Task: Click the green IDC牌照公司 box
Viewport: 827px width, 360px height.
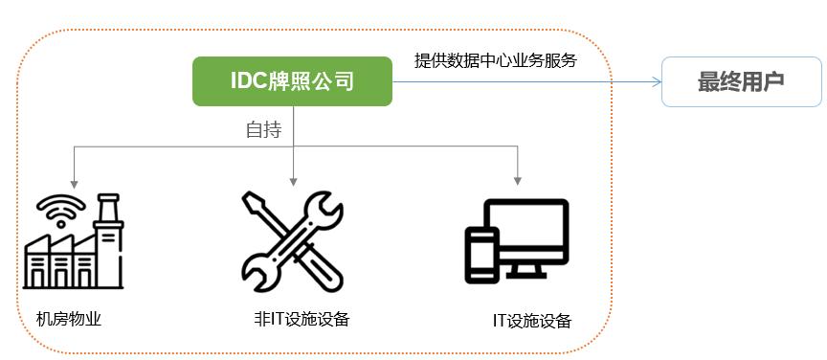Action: point(292,81)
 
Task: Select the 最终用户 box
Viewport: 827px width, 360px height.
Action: point(741,81)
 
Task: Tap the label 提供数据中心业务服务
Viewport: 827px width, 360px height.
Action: point(495,60)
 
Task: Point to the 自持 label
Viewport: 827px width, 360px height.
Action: point(263,130)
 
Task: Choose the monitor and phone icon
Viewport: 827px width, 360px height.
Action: point(517,241)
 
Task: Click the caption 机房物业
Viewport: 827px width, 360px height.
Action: point(68,318)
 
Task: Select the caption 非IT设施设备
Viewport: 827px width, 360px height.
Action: point(295,318)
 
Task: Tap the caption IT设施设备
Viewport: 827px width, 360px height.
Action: point(531,321)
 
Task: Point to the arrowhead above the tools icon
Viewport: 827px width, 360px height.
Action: point(294,179)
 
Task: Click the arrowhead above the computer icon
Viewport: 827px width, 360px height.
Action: point(518,179)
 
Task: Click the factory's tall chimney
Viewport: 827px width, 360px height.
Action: point(107,215)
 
